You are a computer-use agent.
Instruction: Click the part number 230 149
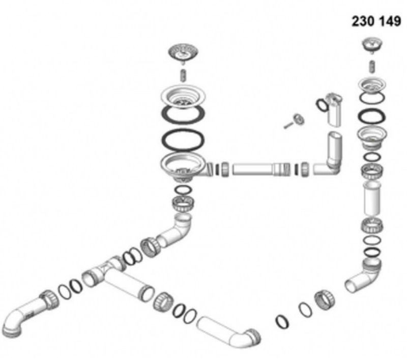(x=376, y=21)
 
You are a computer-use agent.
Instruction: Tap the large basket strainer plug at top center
(x=183, y=53)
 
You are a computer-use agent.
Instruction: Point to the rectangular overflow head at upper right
(x=334, y=110)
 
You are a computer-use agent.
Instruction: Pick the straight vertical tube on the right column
(x=373, y=199)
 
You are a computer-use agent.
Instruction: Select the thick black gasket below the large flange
(x=183, y=115)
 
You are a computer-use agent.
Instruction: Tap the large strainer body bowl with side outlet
(x=185, y=167)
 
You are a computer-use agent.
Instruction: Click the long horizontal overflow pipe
(x=261, y=169)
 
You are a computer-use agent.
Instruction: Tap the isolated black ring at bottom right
(x=282, y=322)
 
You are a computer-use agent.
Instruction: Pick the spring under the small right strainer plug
(x=372, y=67)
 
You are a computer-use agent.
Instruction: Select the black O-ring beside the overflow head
(x=322, y=105)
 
